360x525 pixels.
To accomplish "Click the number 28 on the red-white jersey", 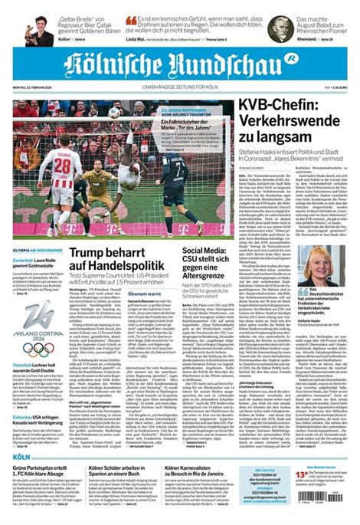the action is pos(63,166).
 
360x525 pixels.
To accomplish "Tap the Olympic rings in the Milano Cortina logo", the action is pos(38,349).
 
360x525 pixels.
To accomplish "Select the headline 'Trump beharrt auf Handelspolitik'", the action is pos(123,265).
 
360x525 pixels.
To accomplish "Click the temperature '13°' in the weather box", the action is pos(302,475).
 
